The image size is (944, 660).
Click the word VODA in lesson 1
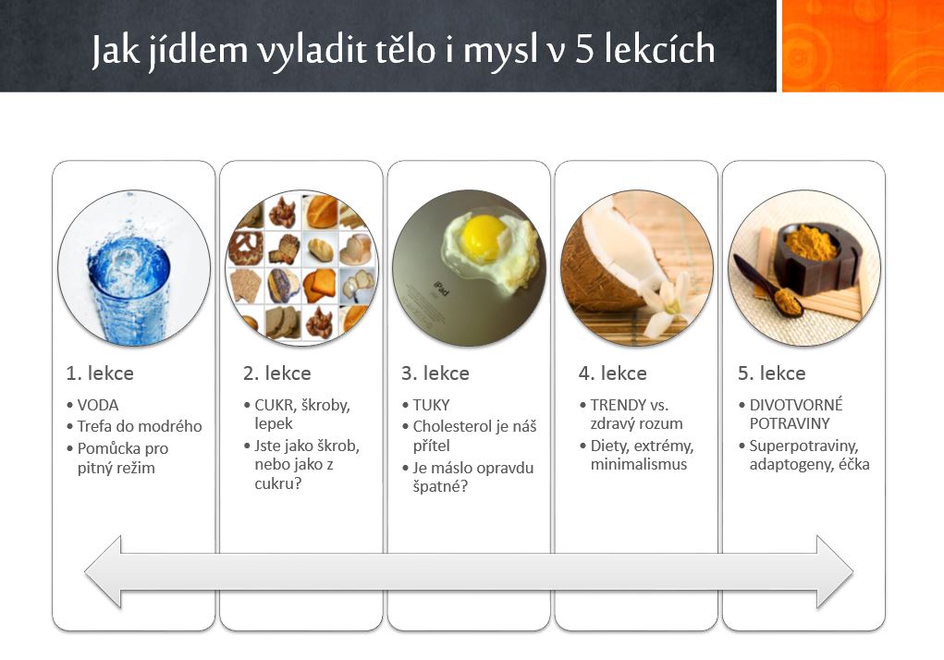[97, 405]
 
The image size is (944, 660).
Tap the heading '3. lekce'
[435, 373]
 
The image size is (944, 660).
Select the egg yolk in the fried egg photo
[484, 237]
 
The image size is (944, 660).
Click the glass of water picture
[134, 268]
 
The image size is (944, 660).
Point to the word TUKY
[431, 405]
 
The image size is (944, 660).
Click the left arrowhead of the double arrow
[104, 571]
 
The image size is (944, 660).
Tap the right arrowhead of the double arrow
[834, 571]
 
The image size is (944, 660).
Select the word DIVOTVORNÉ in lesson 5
[796, 405]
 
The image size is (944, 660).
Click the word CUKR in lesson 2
[274, 405]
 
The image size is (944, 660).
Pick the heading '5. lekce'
[772, 373]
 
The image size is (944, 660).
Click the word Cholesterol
[452, 426]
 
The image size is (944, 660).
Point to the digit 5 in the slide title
[584, 50]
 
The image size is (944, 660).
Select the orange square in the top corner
[863, 45]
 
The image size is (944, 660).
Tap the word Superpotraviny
[803, 446]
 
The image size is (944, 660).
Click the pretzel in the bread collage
[246, 249]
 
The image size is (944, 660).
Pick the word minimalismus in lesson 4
[639, 464]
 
